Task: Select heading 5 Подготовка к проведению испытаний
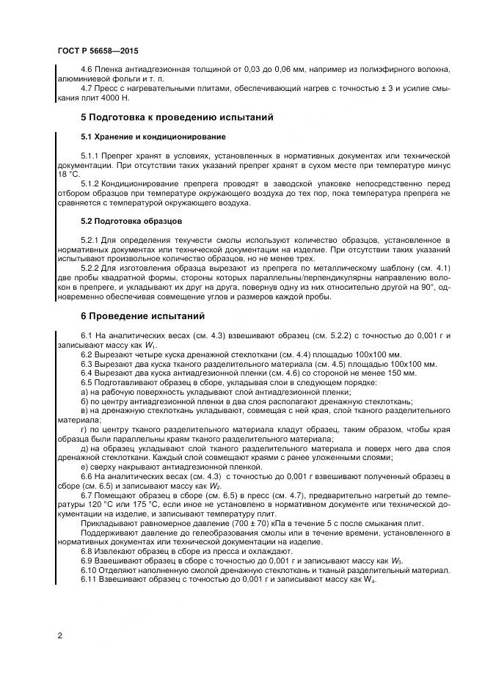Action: click(x=176, y=117)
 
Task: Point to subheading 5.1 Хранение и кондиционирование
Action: click(x=153, y=137)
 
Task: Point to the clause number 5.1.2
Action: click(x=91, y=184)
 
